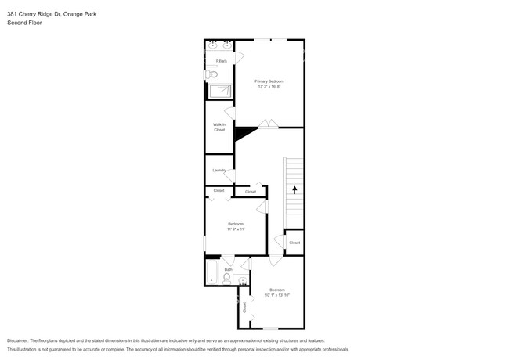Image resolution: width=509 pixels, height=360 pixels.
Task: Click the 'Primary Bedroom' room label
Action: [269, 81]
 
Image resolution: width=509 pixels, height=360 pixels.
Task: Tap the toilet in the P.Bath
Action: [212, 74]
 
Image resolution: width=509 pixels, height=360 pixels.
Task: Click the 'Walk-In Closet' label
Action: [219, 127]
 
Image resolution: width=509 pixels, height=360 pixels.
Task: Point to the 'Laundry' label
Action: [219, 170]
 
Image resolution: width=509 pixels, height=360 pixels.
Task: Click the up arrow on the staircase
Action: [294, 189]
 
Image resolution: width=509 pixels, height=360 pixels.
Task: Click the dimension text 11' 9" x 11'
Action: [236, 229]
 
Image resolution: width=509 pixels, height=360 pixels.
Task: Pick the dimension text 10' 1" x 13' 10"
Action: [277, 295]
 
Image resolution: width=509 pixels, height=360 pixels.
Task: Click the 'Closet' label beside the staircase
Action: [294, 243]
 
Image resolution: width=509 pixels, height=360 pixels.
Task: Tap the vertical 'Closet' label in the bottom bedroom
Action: [244, 307]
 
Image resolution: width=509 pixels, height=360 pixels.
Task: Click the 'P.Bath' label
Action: [222, 60]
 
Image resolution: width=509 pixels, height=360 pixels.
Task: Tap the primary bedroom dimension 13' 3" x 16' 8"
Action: [269, 87]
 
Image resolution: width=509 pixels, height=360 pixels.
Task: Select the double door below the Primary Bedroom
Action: [268, 124]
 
